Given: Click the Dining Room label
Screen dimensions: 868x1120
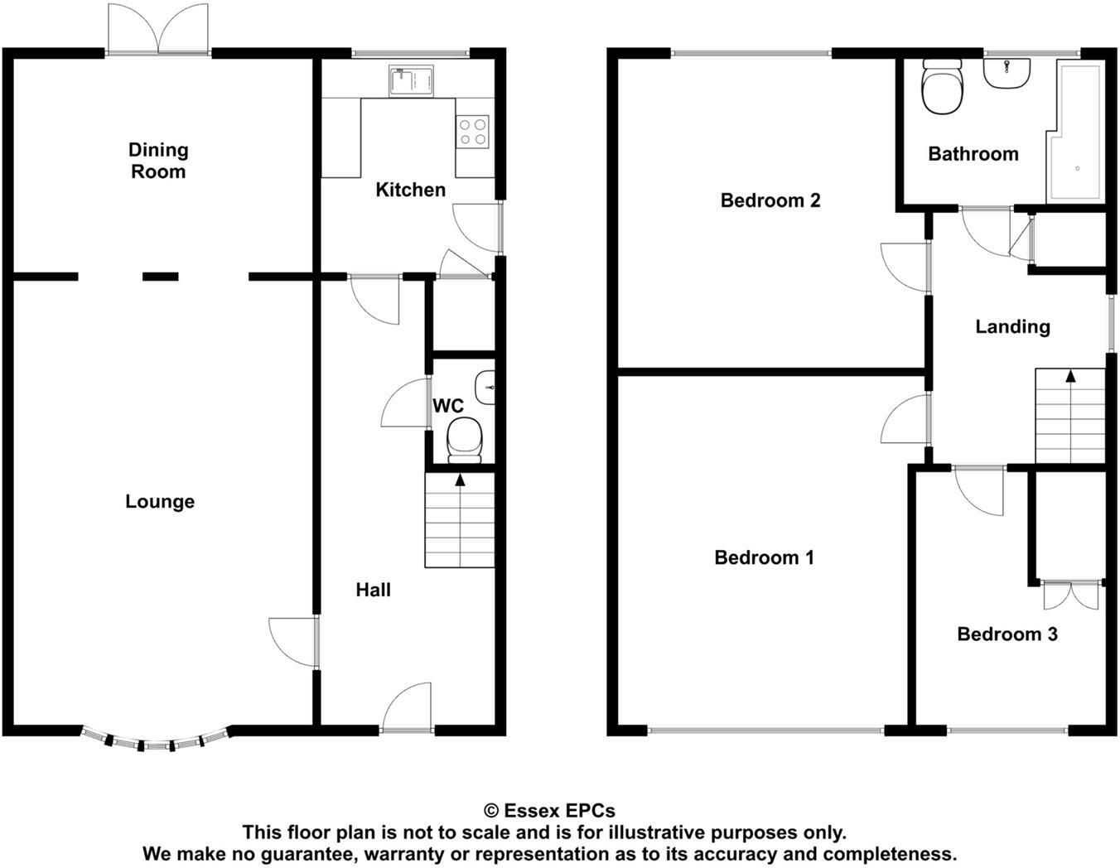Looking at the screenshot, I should [x=157, y=161].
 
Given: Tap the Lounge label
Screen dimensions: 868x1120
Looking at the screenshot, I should [x=160, y=501].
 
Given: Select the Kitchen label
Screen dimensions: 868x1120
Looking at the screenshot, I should [x=410, y=190].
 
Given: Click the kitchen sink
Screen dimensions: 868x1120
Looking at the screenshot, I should [x=411, y=81].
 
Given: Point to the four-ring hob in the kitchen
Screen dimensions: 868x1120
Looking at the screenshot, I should [x=473, y=132].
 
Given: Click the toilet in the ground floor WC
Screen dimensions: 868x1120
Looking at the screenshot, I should [x=464, y=439].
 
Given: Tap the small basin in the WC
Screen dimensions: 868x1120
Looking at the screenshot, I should [x=485, y=387].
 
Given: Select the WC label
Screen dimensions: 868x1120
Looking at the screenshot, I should [x=448, y=406].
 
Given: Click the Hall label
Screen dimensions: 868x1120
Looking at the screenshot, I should [x=373, y=590].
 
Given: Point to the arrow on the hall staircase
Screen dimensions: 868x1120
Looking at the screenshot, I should [x=460, y=479].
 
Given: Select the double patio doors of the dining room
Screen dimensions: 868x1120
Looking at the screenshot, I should [x=158, y=30].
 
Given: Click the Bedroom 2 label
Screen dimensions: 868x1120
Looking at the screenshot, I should [x=770, y=200].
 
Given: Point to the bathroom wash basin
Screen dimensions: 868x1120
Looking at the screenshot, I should [x=1007, y=72].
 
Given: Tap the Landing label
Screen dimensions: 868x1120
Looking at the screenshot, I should [x=1012, y=326].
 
